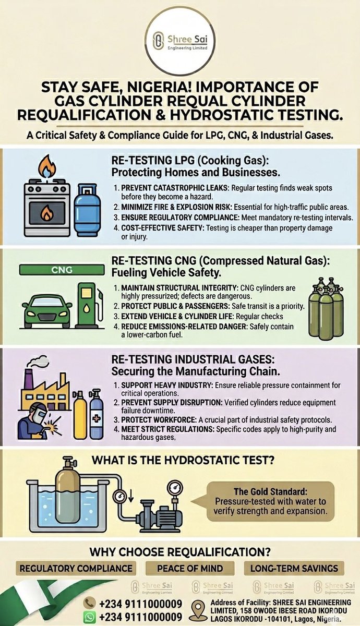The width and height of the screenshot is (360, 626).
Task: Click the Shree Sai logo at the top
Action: (x=181, y=41)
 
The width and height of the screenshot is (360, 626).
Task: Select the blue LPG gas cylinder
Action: (x=87, y=210)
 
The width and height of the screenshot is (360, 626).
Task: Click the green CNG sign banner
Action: (x=62, y=270)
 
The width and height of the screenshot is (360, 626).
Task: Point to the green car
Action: (x=46, y=310)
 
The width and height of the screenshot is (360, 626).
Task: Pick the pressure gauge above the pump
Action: (x=175, y=488)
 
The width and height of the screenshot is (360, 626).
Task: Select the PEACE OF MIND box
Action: (x=190, y=568)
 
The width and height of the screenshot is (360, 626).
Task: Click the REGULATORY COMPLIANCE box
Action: (x=76, y=568)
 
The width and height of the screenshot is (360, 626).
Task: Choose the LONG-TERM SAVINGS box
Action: (x=294, y=568)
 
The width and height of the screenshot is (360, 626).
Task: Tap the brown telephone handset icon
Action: (x=89, y=603)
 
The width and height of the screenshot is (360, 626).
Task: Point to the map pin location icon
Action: (x=198, y=610)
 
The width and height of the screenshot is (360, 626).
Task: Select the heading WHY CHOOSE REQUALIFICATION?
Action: (x=180, y=552)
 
